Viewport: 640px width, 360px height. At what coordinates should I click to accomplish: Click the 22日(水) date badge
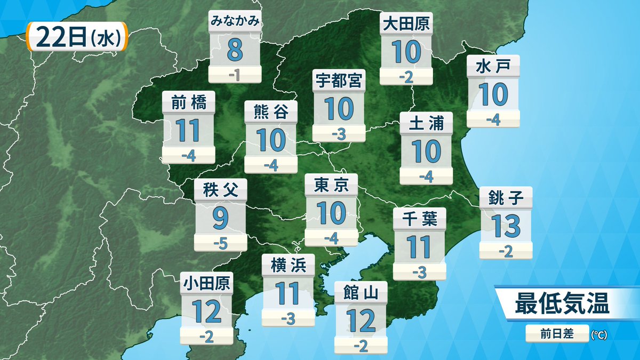click(76, 37)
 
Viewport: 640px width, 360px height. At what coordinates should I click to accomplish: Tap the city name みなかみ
click(235, 21)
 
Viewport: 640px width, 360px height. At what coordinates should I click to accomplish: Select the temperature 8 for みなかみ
click(235, 50)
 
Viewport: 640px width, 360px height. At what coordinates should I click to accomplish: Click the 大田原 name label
click(406, 23)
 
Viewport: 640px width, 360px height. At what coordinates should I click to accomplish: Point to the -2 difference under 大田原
click(406, 77)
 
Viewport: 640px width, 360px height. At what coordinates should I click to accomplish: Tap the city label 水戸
click(493, 66)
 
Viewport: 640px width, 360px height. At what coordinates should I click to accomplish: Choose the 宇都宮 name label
click(339, 81)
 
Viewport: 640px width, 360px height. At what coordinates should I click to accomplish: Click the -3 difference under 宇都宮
click(339, 134)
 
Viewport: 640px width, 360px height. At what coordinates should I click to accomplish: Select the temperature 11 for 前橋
click(188, 131)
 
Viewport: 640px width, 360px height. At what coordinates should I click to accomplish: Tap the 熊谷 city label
click(271, 113)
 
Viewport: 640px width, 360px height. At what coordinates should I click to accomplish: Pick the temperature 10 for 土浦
click(427, 151)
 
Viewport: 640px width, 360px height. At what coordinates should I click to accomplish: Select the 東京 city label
click(331, 185)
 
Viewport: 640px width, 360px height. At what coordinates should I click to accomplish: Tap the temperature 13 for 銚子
click(506, 226)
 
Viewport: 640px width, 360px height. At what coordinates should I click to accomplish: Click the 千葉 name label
click(419, 219)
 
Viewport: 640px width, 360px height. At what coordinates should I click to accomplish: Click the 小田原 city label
click(206, 283)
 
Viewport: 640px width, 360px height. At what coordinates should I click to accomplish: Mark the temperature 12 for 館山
click(361, 320)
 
